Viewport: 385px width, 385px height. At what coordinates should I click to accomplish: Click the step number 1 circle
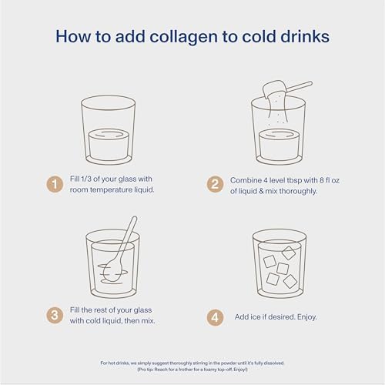(x=55, y=184)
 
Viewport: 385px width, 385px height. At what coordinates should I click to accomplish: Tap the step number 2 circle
(x=215, y=184)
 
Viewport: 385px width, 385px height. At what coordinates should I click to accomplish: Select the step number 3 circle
(x=55, y=315)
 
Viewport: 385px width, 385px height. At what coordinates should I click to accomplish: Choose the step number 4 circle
(x=215, y=316)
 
